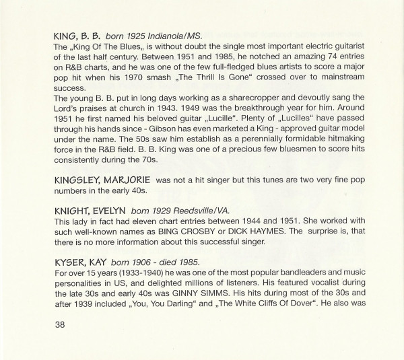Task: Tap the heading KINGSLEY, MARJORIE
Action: point(100,180)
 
